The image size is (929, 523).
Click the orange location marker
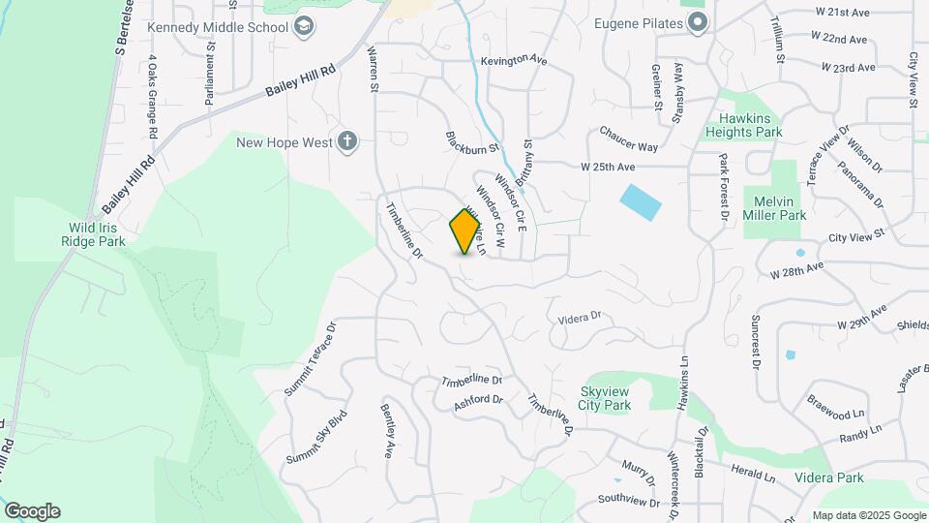pos(466,231)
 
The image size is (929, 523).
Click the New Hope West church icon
pos(347,143)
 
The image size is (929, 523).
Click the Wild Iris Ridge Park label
pos(93,234)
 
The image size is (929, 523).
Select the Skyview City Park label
pos(605,398)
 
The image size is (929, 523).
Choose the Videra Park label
pos(828,477)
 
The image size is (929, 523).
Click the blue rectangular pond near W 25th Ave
pos(640,201)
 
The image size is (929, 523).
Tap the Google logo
pos(32,511)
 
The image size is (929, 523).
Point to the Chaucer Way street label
pos(628,138)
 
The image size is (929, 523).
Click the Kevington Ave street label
pos(514,60)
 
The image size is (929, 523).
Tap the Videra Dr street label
pos(581,316)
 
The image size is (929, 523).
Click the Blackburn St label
pos(471,142)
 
